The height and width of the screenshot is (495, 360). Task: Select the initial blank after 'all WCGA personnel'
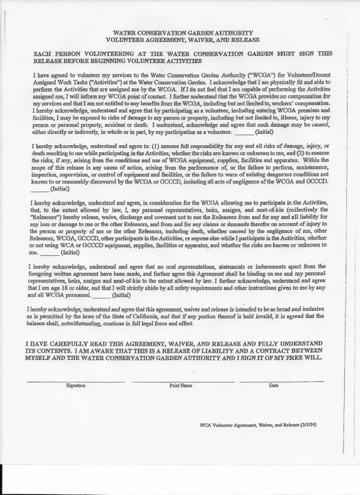(102, 295)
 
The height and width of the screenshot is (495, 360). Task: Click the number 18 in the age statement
(65, 289)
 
